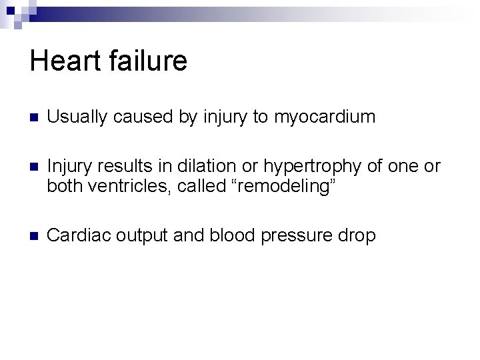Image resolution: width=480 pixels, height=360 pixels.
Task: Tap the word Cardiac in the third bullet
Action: tap(73, 235)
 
